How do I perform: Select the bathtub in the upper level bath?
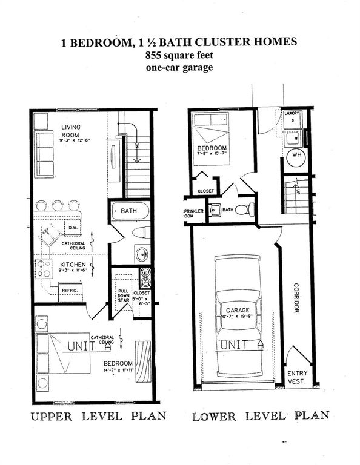[130, 211]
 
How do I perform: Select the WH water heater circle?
[297, 154]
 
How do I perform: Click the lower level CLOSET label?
[204, 191]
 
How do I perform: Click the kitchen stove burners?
[44, 269]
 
